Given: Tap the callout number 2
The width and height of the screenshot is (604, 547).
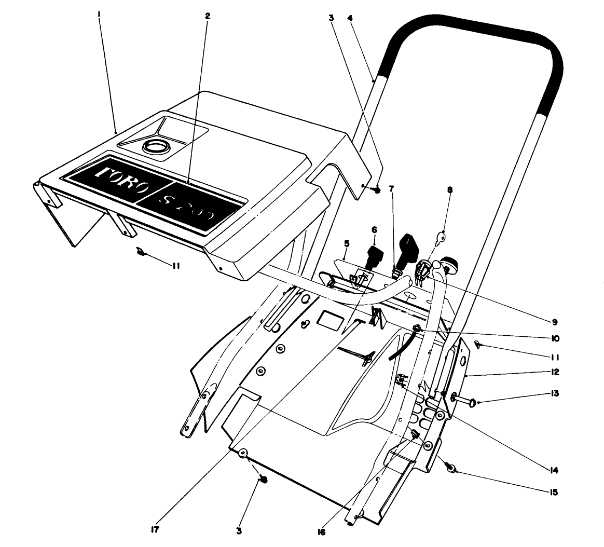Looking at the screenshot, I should [207, 16].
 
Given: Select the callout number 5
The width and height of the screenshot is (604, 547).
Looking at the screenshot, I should [347, 242].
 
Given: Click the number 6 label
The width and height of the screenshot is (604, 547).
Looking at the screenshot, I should [374, 229].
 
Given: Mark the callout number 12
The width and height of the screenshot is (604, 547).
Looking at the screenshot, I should [554, 372].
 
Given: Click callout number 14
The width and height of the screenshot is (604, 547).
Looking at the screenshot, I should [554, 471].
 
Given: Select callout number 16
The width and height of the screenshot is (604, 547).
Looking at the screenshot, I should [322, 532].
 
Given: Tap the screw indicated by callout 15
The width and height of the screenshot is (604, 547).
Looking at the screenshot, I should [451, 469].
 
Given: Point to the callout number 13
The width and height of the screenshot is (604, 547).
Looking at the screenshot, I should [554, 393].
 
